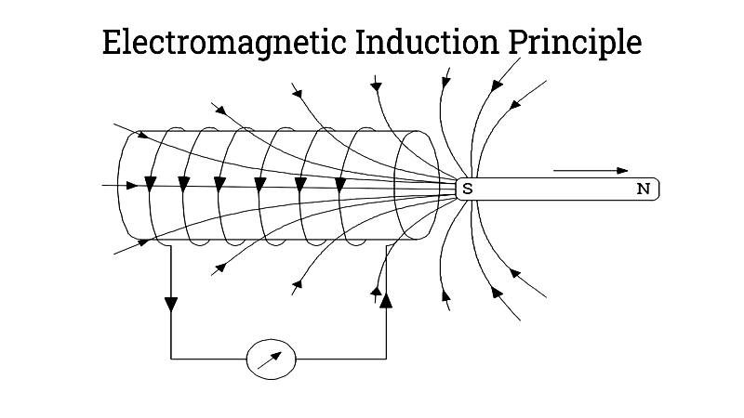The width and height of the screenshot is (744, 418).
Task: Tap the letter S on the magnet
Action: click(468, 189)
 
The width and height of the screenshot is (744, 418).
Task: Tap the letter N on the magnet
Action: click(643, 189)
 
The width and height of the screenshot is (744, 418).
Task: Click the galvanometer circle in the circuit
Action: click(272, 359)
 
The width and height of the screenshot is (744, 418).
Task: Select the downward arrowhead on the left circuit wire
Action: click(171, 304)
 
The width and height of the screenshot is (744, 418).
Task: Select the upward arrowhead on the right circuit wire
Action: click(386, 298)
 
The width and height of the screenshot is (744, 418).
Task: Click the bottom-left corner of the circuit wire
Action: click(171, 359)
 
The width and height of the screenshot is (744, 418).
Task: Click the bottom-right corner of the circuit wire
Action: click(386, 359)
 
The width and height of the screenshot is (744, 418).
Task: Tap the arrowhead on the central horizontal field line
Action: click(132, 185)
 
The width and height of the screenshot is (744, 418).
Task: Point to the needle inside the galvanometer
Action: click(271, 359)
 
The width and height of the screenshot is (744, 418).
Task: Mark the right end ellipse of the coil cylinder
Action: click(417, 186)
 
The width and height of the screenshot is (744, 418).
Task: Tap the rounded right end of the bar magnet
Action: click(657, 189)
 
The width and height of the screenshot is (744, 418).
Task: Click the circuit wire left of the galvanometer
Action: click(209, 359)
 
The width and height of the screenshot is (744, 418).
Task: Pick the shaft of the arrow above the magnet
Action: click(581, 171)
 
